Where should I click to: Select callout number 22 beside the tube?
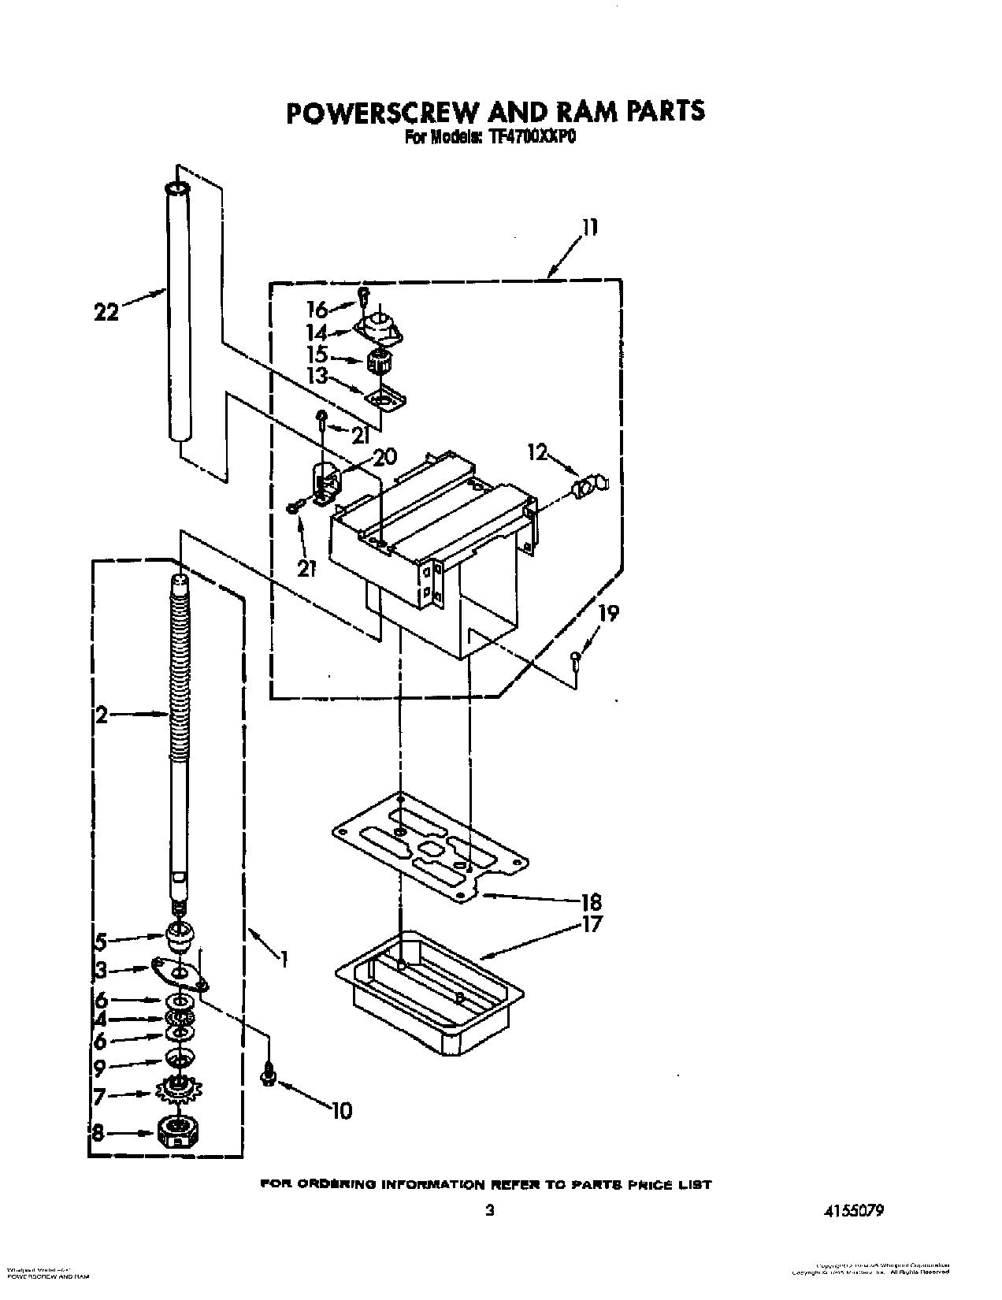(x=106, y=312)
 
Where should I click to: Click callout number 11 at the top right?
(x=590, y=228)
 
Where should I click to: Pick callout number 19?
(x=609, y=612)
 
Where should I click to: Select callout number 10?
(x=341, y=1111)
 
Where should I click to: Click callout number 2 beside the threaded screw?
(x=101, y=715)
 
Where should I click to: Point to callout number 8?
(x=100, y=1133)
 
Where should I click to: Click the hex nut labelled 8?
(x=178, y=1132)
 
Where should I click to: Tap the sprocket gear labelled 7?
(x=180, y=1092)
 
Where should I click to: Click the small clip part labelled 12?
(x=591, y=487)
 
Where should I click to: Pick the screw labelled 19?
(x=577, y=659)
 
